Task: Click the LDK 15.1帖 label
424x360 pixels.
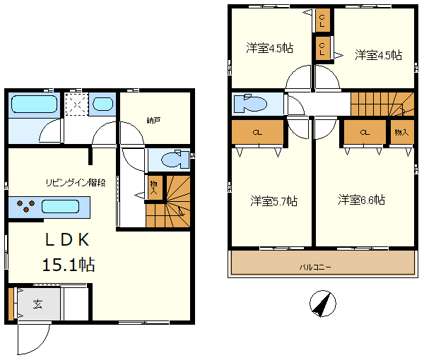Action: (x=68, y=252)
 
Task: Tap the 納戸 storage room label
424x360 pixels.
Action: (x=153, y=120)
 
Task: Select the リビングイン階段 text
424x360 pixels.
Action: (x=76, y=183)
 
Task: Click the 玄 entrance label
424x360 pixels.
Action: (x=37, y=304)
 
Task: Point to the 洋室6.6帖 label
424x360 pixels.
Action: (x=362, y=200)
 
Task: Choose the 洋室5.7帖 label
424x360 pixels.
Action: (x=274, y=201)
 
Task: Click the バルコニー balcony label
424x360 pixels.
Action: (x=315, y=268)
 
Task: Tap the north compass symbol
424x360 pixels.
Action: (x=323, y=304)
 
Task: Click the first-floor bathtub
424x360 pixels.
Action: (x=35, y=104)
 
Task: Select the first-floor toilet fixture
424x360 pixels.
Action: (x=175, y=159)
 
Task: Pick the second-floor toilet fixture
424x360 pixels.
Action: (x=250, y=104)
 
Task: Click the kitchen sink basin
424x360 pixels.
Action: (x=60, y=207)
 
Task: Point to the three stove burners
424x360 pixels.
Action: (x=26, y=206)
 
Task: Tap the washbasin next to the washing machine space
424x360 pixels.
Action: (x=102, y=104)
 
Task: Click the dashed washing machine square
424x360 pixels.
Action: (x=77, y=104)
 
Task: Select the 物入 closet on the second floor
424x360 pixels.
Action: (x=402, y=132)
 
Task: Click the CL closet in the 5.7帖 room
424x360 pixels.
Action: (x=257, y=132)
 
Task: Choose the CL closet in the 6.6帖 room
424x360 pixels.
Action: (x=365, y=132)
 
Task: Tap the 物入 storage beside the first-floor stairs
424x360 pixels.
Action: (x=154, y=188)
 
